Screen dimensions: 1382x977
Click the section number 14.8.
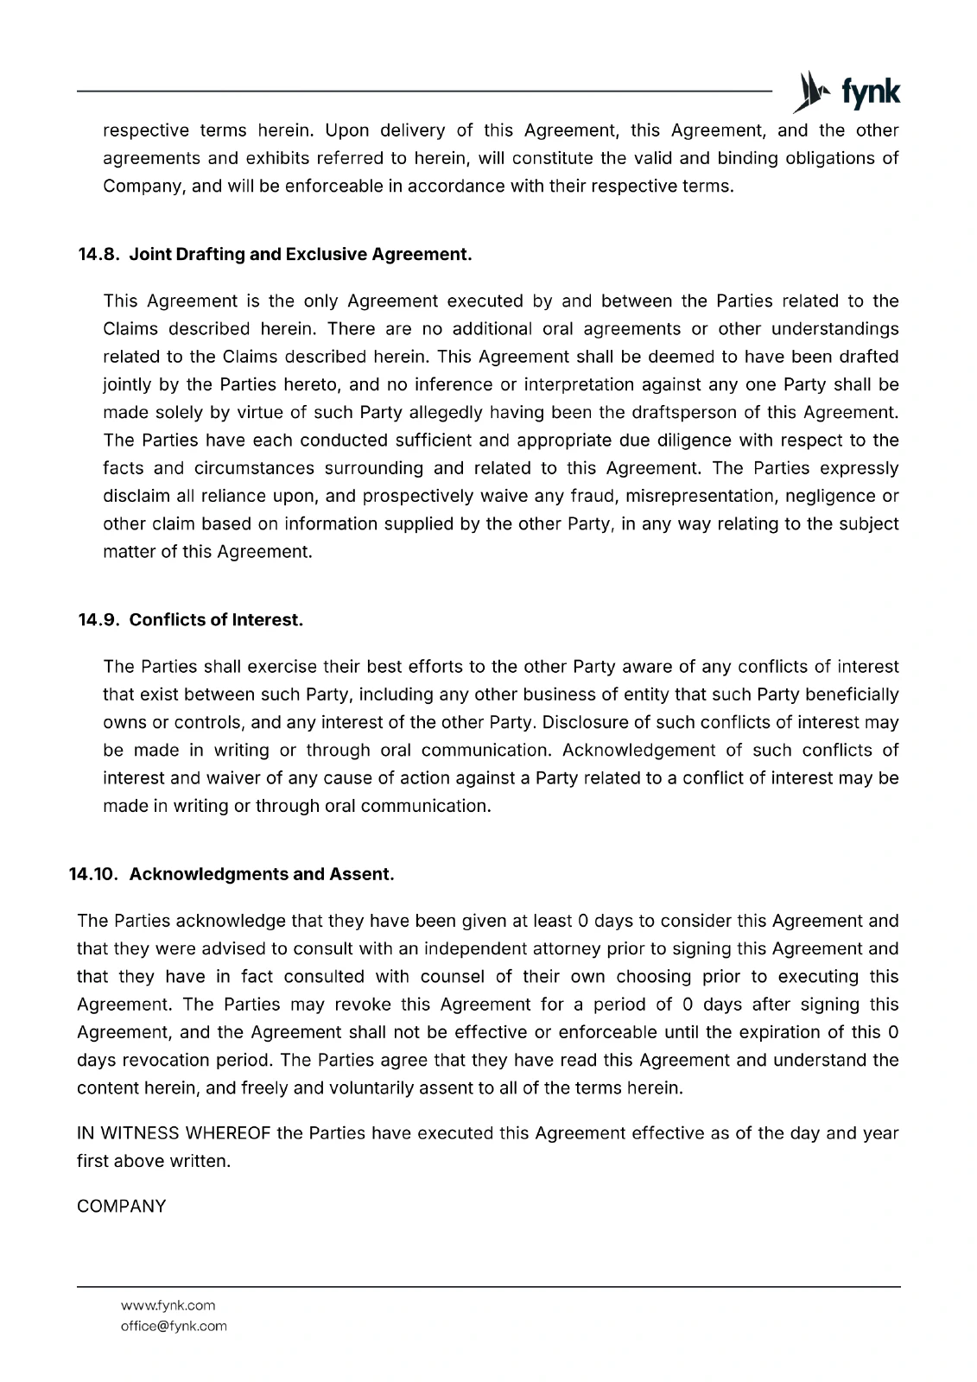point(99,255)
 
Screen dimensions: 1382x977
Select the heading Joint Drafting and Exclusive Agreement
point(301,255)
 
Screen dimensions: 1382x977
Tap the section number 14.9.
point(99,620)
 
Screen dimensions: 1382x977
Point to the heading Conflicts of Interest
point(216,620)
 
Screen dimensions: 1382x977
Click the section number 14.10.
point(95,874)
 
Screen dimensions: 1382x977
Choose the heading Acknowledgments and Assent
point(262,874)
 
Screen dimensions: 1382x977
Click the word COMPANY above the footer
point(121,1207)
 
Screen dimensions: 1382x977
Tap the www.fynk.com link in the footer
point(168,1305)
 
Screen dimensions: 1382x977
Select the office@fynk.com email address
point(174,1326)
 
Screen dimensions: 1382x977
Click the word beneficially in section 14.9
point(851,694)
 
